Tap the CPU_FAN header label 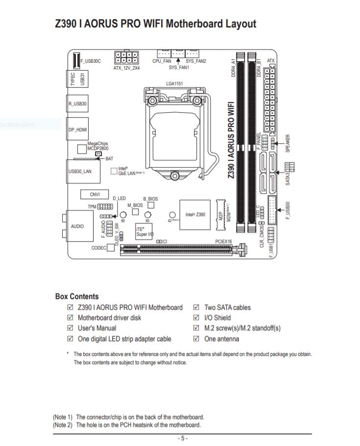tap(162, 61)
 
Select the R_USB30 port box tap(77, 103)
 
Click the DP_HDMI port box tap(77, 129)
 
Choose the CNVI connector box tap(95, 194)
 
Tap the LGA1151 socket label tap(174, 84)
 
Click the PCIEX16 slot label tap(223, 241)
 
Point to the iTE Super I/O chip tap(144, 231)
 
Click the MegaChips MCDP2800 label tap(98, 146)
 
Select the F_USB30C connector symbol tap(76, 60)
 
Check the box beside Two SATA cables tap(196, 307)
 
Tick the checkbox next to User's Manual tap(70, 328)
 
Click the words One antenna tap(221, 339)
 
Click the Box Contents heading tap(77, 296)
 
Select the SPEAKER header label tap(288, 144)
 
